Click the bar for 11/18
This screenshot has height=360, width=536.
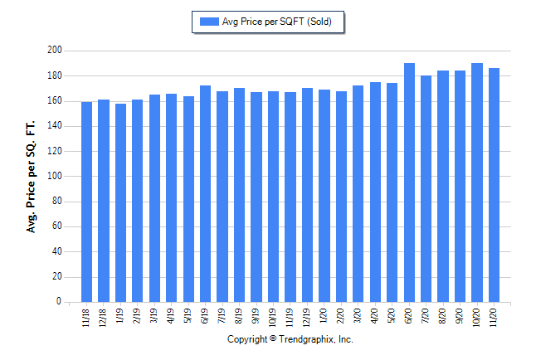coord(86,202)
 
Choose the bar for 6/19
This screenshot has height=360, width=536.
coord(205,194)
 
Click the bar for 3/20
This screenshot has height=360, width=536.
coord(358,194)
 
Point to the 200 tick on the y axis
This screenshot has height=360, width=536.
coord(54,51)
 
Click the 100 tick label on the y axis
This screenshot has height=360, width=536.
coord(54,177)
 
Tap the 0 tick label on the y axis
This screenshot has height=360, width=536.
coord(59,303)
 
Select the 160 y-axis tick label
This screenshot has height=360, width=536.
coord(54,101)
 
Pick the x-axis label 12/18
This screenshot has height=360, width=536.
coord(104,318)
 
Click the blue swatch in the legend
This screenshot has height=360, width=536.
coord(208,22)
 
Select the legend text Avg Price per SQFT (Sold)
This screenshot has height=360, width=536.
coord(276,22)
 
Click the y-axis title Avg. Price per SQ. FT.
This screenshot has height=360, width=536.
coord(32,177)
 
